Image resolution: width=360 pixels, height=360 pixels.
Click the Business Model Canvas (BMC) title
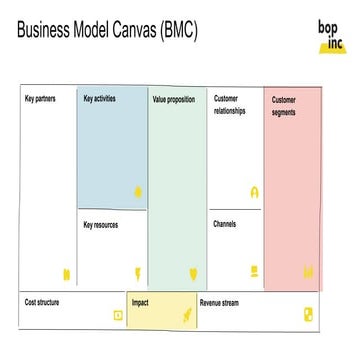[108, 30]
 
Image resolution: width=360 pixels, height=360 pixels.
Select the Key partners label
[41, 99]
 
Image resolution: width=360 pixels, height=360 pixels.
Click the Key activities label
[99, 99]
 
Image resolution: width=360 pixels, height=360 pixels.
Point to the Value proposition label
[174, 100]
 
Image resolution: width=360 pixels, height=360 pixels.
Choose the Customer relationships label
[229, 105]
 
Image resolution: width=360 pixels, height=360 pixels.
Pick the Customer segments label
[284, 106]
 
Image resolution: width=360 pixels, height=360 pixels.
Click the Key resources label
[101, 225]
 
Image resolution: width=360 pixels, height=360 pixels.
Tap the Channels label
[225, 224]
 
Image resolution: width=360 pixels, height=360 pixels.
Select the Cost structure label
[43, 302]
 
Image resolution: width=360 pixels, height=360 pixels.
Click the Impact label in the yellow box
[140, 302]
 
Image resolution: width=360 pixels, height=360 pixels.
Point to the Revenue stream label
[220, 302]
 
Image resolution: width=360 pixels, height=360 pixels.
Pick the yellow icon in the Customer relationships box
[255, 192]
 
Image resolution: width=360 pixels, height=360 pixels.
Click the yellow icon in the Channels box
[255, 270]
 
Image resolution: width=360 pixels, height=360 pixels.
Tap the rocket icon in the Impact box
[185, 315]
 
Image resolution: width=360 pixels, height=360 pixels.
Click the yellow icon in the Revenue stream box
[308, 315]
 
